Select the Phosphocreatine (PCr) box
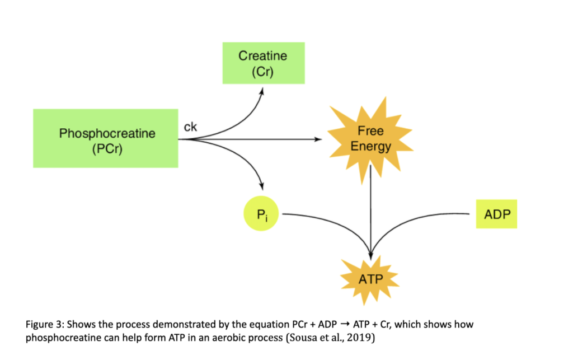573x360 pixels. (x=106, y=138)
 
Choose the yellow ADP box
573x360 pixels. (x=496, y=213)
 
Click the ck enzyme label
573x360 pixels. (x=190, y=127)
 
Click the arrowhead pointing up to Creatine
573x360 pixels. (x=262, y=91)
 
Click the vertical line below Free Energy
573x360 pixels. (x=370, y=207)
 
